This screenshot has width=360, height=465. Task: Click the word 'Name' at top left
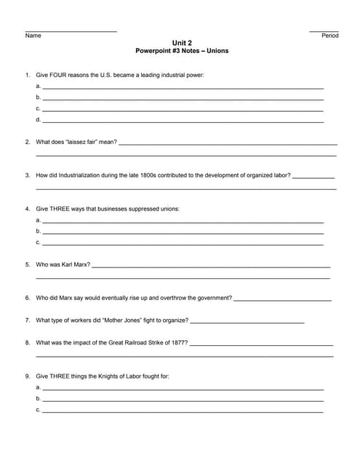(33, 36)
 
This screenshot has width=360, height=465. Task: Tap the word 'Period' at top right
(329, 36)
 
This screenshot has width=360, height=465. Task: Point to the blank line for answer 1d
(182, 121)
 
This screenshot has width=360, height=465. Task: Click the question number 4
(28, 209)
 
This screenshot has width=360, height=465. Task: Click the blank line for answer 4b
(182, 232)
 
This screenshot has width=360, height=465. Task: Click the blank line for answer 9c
(182, 411)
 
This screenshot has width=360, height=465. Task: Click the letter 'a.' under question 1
(38, 86)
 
